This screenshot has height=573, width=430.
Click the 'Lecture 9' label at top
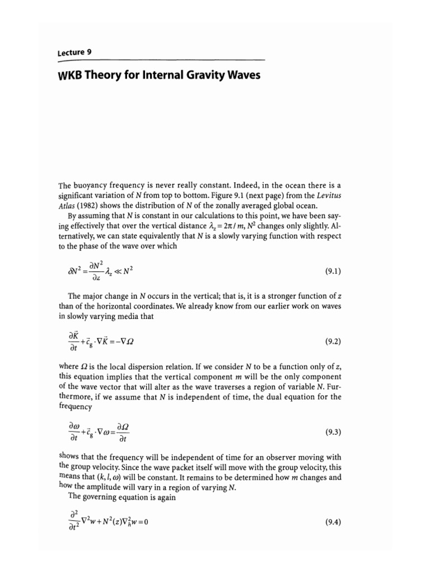point(74,52)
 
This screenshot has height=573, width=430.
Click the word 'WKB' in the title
point(73,74)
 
